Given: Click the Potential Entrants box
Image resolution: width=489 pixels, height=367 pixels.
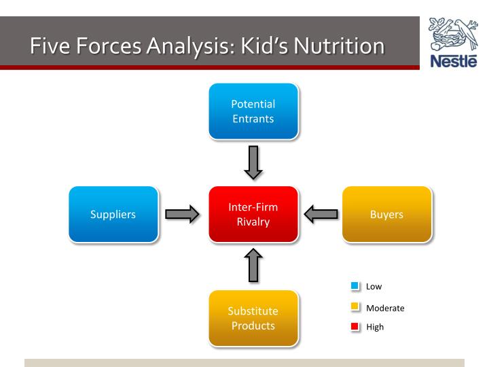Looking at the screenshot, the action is (253, 111).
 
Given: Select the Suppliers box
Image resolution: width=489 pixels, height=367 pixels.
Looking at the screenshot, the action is (113, 214).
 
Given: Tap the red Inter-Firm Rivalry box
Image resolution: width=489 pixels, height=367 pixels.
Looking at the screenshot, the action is (253, 214).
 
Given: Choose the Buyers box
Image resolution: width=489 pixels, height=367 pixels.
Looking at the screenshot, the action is (387, 214).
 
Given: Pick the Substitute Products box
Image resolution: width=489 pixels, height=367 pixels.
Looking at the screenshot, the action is (253, 318).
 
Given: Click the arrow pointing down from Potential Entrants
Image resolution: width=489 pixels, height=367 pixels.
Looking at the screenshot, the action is (253, 162).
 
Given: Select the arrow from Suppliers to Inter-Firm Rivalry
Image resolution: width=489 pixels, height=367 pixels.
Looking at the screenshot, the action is (182, 214).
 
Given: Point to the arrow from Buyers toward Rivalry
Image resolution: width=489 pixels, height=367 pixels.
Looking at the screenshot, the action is (321, 214).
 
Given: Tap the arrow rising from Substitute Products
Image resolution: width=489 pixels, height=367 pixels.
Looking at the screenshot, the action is (253, 265).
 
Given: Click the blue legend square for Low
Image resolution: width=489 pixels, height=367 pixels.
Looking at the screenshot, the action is (355, 285).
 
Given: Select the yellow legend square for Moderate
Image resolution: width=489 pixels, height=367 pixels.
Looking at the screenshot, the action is (355, 306).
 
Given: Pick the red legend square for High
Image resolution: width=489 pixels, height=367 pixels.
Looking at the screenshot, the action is (355, 326).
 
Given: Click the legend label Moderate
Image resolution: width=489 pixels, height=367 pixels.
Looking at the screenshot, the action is (385, 309).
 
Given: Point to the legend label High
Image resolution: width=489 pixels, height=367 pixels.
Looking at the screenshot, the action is (375, 327).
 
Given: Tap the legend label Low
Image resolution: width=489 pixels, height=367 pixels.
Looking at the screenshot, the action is (374, 287).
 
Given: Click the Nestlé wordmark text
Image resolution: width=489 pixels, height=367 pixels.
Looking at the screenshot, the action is (454, 61).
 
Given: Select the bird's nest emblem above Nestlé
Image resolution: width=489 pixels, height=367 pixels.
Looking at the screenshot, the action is (453, 34).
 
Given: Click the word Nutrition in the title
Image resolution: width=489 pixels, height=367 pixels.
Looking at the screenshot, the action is (340, 46).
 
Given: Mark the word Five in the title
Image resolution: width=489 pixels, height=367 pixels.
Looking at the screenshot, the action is (50, 46).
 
